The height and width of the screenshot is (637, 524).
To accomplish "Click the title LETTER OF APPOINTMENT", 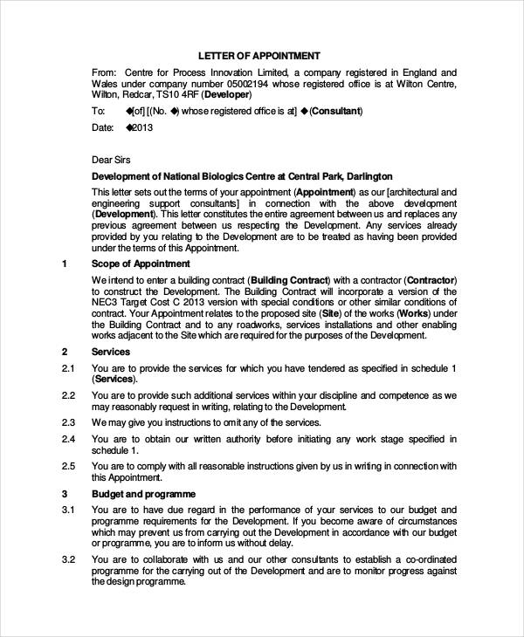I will coord(259,55).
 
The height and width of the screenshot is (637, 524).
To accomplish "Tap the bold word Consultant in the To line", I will coord(334,112).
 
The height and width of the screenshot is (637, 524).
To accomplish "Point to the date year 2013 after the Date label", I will coord(143,127).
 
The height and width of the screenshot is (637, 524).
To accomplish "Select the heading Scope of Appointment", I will coord(141,264).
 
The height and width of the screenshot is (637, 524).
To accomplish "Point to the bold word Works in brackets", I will coord(414,313).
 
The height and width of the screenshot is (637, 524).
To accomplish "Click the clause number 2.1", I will coord(69,369).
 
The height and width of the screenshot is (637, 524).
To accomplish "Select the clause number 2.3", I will coord(69,422).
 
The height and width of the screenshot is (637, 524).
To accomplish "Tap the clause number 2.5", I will coord(69,467).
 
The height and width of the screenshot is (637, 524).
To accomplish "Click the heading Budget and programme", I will coord(141,494).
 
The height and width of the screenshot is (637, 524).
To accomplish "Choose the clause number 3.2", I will coord(69,559).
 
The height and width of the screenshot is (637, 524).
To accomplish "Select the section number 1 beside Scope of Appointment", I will coord(65,264).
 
